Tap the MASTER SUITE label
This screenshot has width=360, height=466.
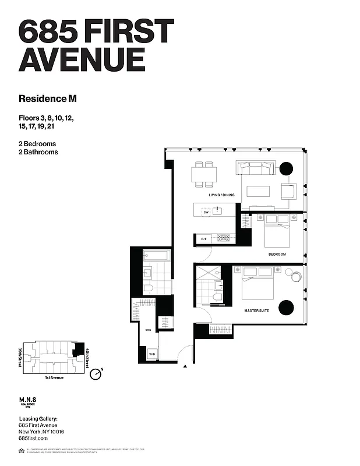[x=256, y=311]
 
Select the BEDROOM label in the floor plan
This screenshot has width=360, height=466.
[x=276, y=255]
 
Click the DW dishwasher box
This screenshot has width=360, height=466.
[x=206, y=213]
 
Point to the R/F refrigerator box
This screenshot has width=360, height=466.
[x=204, y=239]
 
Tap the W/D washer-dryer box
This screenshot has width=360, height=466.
[x=151, y=354]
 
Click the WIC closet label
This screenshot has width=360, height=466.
[x=148, y=330]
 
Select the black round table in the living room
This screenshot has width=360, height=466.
[x=286, y=169]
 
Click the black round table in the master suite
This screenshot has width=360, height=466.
[x=285, y=307]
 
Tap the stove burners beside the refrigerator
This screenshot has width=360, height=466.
[x=224, y=238]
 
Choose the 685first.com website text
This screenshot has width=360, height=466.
[x=32, y=437]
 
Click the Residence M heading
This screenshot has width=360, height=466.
[x=47, y=98]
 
